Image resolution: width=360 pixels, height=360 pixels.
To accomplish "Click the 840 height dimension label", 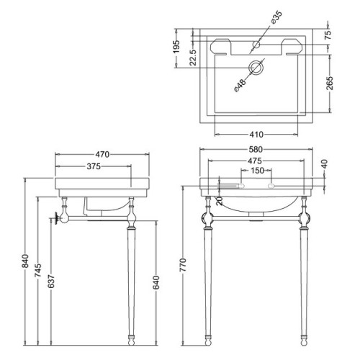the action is coord(25,261).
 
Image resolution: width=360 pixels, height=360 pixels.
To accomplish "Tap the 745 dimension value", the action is coord(38,271).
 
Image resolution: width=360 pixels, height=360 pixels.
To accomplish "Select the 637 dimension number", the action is coord(51,281).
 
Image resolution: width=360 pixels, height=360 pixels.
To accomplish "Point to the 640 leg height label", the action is coord(156,283).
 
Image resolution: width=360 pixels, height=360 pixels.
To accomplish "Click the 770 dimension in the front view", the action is coord(183,265).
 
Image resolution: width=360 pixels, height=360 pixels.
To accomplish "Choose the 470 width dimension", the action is coord(102,154).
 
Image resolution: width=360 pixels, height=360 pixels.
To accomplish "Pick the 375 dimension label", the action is coord(94,166).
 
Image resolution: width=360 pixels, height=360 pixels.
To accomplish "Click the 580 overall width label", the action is coord(256,150).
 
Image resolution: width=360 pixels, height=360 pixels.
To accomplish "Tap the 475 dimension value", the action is coord(255,161).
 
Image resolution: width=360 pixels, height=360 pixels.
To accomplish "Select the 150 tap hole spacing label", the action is coord(257,171).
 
